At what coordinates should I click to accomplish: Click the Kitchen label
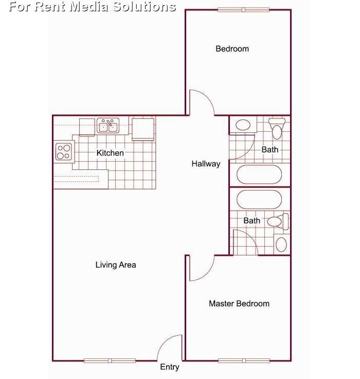110,153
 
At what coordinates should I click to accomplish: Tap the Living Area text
116,265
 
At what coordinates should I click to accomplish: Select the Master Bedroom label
239,303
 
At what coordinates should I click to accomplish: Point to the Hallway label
206,164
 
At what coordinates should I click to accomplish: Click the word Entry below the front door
170,367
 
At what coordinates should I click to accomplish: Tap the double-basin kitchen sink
108,125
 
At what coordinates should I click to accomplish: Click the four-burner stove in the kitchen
64,151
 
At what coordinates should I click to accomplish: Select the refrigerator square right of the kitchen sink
143,128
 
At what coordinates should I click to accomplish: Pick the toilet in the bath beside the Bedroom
277,128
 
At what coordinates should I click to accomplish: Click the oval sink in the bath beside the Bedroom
243,125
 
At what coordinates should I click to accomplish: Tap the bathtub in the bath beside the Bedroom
259,175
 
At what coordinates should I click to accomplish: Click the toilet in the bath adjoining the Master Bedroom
278,222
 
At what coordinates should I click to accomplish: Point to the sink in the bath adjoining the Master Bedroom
281,244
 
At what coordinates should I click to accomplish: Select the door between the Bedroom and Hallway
202,102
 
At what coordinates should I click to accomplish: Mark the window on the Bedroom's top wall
243,9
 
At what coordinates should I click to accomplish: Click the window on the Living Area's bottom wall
110,360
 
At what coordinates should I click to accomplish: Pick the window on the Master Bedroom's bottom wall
244,360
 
